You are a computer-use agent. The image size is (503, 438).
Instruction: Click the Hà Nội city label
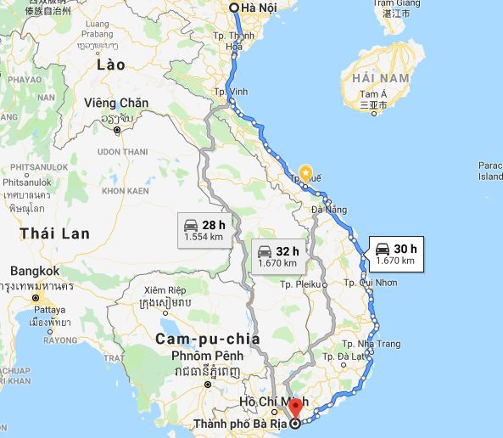(x=260, y=8)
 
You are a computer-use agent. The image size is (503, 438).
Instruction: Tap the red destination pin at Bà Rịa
(x=294, y=408)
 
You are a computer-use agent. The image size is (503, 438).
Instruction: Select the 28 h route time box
(x=204, y=230)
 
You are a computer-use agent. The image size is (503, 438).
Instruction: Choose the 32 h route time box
(x=278, y=256)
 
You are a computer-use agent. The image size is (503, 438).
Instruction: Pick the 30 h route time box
(x=396, y=254)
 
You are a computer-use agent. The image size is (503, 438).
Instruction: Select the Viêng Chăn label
(x=116, y=104)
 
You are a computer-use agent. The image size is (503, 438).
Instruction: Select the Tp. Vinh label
(x=231, y=92)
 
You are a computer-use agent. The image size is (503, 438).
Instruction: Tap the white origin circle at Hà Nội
(x=234, y=8)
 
